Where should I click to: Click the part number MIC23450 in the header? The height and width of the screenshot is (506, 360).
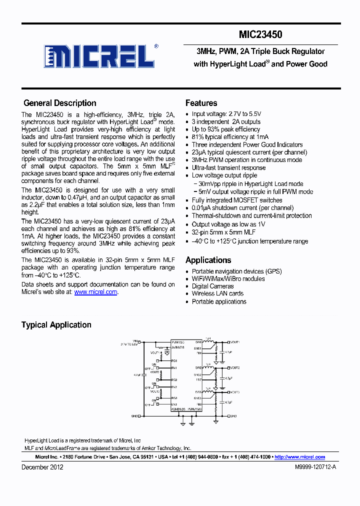coord(260,34)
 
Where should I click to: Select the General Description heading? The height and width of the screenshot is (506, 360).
coord(60,103)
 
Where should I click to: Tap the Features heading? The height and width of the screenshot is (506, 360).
coord(201,103)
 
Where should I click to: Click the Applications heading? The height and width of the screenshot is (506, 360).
coord(208,260)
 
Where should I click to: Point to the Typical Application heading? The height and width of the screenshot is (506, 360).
coord(56,325)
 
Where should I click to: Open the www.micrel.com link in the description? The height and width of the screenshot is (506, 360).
coord(95,292)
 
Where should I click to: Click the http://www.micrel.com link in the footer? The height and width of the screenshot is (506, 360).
coord(299,457)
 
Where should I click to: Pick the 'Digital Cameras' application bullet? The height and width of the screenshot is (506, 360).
coord(212,286)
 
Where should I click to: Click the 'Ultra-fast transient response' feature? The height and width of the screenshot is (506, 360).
coord(228,168)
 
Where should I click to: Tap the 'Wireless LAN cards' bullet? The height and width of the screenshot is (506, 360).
coord(217,293)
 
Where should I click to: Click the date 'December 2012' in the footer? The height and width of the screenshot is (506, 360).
coord(42,467)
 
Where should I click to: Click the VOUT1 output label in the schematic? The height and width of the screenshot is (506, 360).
coord(234,342)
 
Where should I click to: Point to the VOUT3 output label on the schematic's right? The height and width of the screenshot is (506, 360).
coord(234,392)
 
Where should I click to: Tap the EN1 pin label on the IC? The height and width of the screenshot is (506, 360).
coord(174,368)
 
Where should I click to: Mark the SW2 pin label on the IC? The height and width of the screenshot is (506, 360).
coord(198,367)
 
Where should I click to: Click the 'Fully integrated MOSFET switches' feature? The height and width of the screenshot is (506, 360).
coord(237,200)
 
